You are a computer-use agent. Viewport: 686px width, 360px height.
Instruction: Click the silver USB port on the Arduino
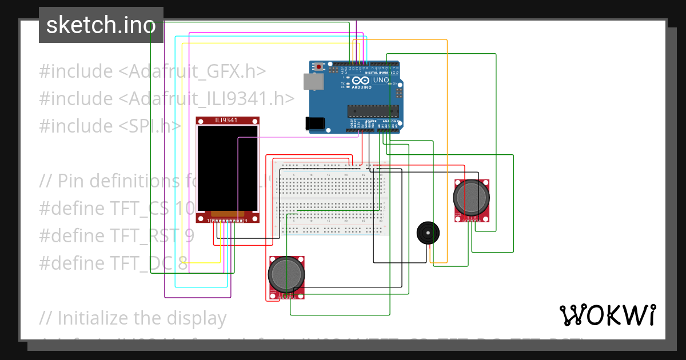[312, 82]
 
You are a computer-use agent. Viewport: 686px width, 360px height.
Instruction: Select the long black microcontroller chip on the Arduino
[373, 110]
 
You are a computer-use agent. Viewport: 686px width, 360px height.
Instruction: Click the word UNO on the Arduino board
[380, 81]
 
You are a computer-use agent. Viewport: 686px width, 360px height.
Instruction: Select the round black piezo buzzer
[428, 233]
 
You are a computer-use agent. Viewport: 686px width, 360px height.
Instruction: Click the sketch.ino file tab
[101, 25]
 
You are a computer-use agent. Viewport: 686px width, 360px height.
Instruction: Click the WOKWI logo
[607, 315]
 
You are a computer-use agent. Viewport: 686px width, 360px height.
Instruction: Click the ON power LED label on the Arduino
[394, 84]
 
